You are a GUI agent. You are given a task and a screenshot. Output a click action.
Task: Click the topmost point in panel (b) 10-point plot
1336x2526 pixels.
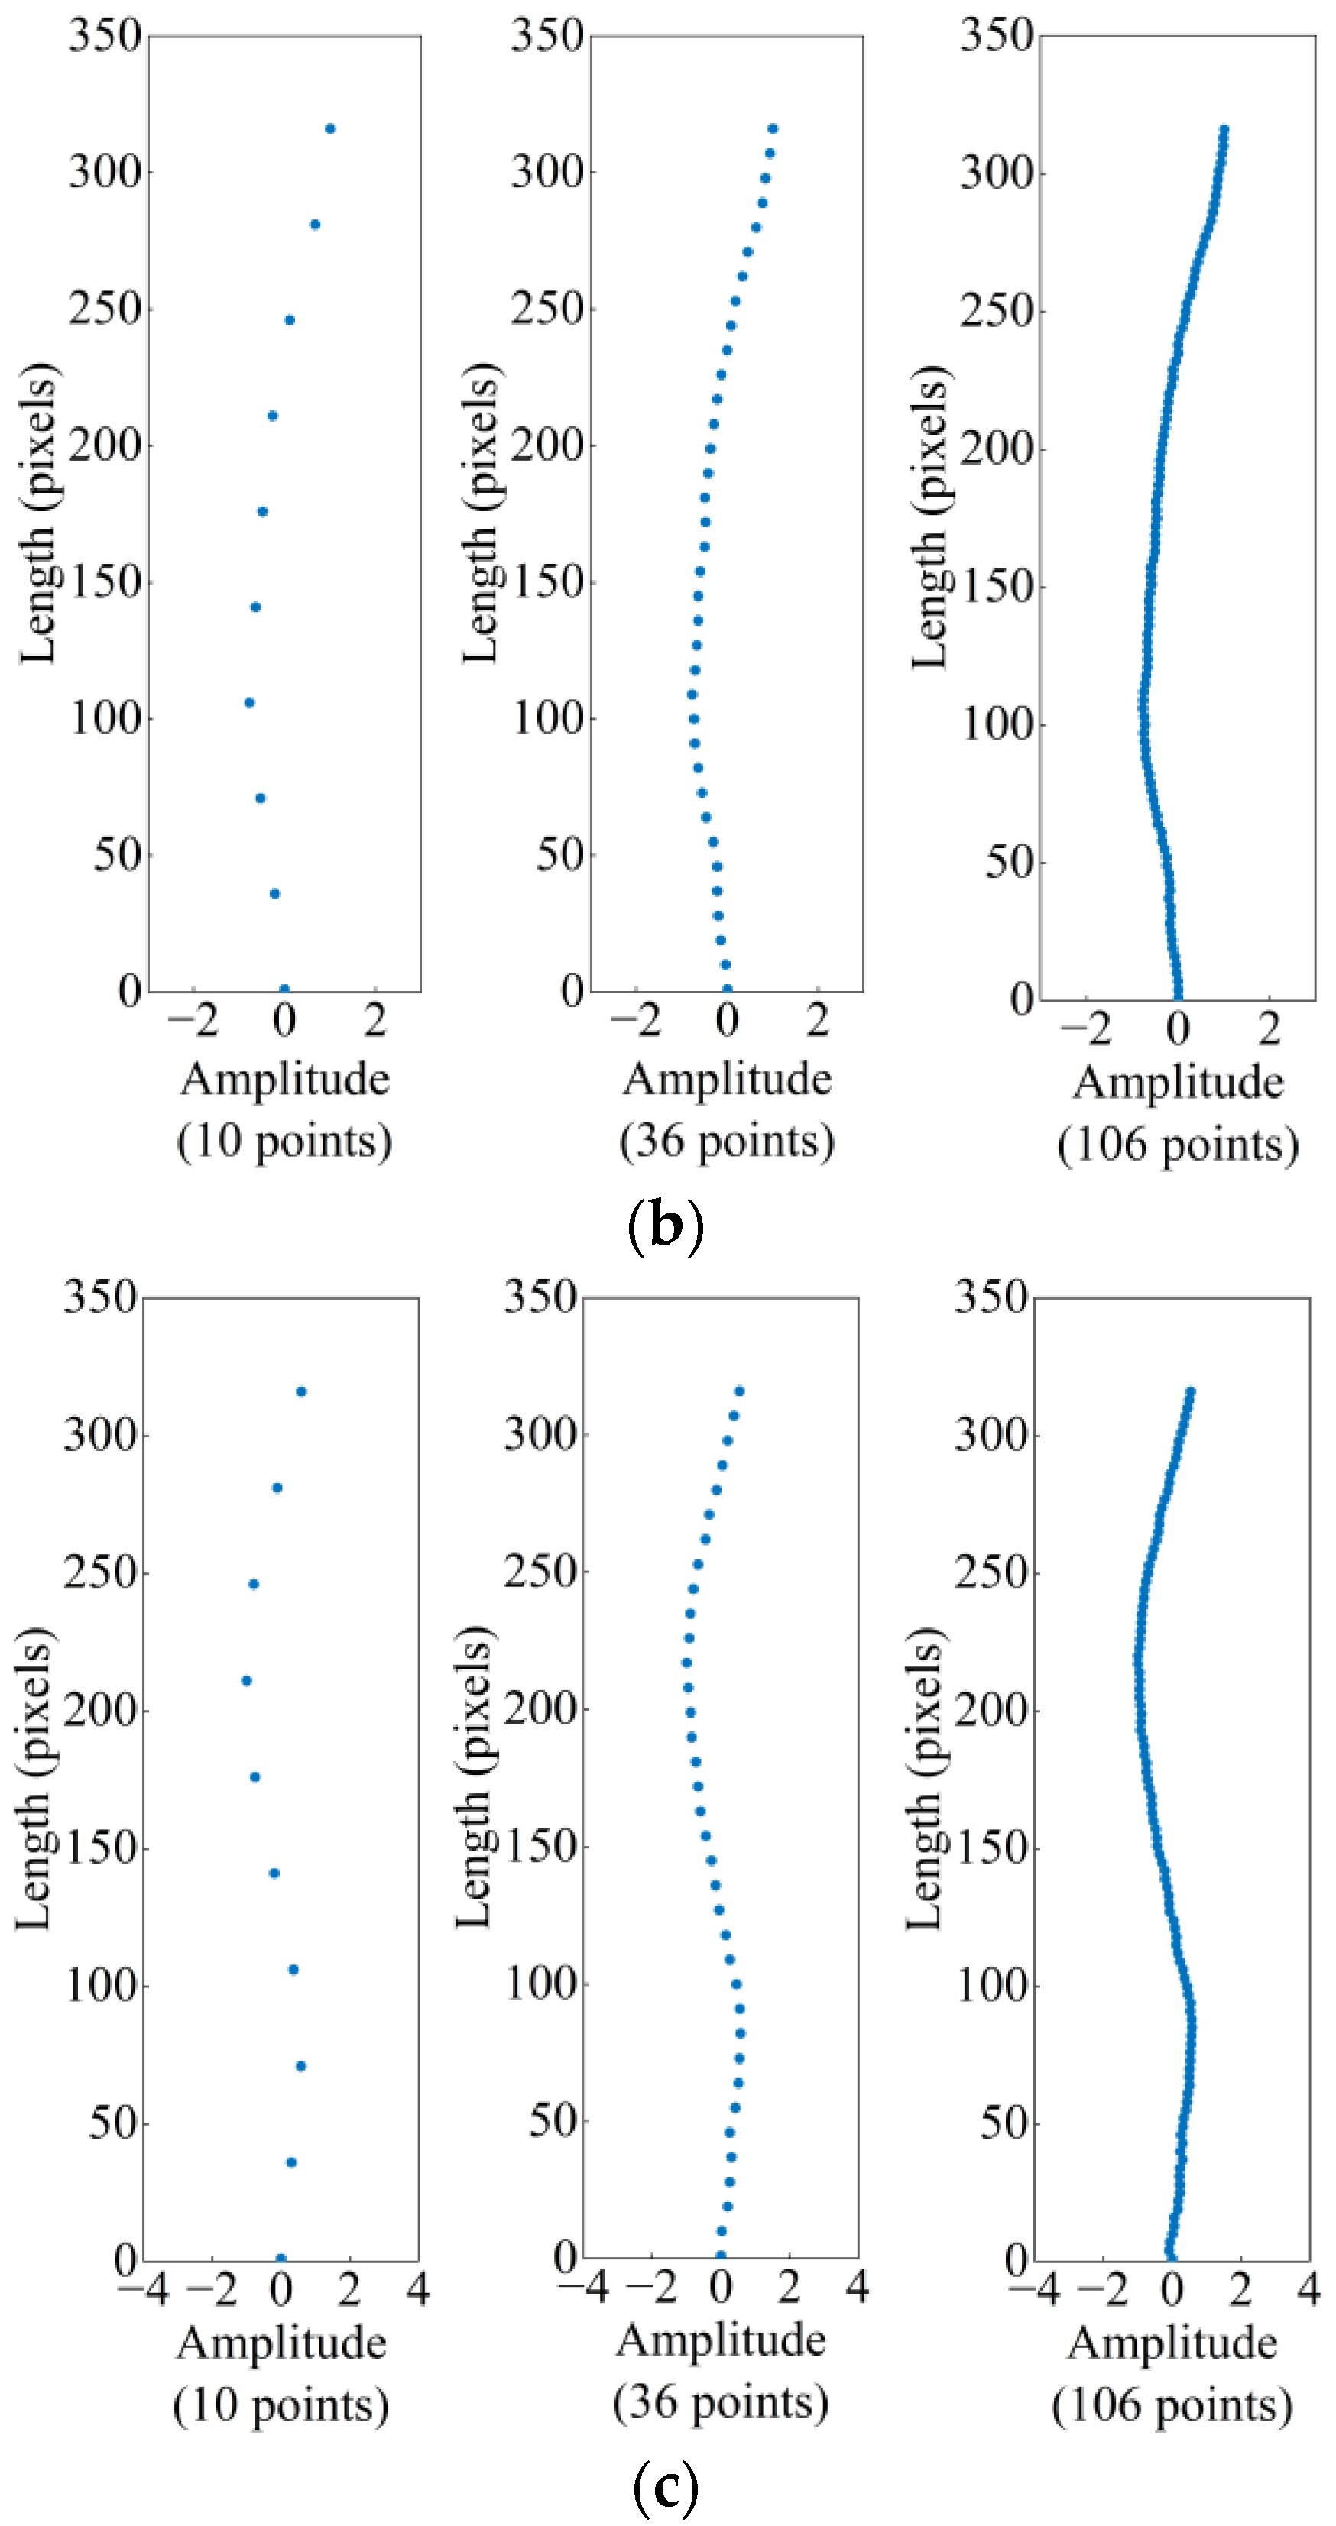pos(329,128)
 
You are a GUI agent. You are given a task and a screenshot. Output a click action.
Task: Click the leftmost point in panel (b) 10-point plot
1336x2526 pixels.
pos(249,702)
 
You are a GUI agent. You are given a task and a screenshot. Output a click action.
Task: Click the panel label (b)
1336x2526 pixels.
pos(665,1227)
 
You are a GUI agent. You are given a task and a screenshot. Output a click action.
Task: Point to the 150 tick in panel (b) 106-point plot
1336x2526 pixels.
pos(997,586)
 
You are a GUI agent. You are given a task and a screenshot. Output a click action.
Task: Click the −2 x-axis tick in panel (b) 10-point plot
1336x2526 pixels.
pos(193,1021)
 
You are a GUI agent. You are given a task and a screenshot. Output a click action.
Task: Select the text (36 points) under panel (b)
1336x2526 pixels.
pos(727,1142)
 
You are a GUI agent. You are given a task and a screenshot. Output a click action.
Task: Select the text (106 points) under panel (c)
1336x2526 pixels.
pos(1172,2405)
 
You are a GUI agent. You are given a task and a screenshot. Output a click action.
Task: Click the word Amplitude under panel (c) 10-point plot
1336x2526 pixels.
pos(281,2343)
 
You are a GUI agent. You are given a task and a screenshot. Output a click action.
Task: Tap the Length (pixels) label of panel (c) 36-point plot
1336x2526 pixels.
pos(474,1776)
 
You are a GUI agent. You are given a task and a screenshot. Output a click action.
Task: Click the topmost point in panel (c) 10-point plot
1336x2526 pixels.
pos(301,1391)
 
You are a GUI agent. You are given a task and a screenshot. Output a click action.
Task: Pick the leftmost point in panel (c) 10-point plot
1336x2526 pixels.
pos(246,1681)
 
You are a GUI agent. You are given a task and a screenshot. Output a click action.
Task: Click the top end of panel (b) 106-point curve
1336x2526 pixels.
pos(1223,128)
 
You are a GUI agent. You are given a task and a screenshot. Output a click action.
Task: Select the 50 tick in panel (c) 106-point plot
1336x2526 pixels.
pos(1003,2123)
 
